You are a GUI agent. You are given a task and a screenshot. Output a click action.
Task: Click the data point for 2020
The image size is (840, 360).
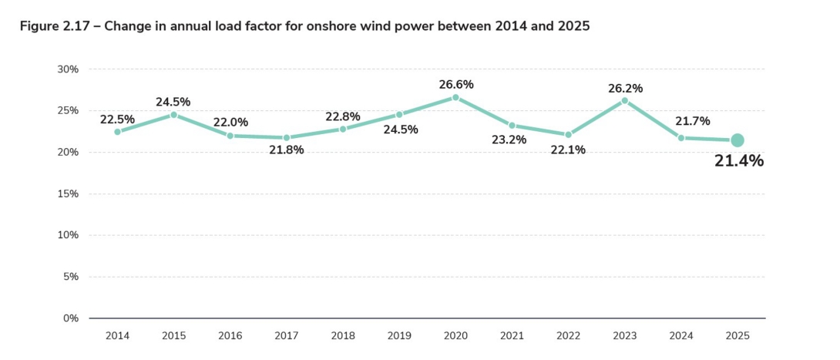point(455,98)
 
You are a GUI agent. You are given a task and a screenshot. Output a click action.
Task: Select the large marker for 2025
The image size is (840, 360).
point(737,140)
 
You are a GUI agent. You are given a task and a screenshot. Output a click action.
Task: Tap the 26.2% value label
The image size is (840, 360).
point(625,89)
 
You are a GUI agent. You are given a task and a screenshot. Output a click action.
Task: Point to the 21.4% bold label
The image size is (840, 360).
point(739,161)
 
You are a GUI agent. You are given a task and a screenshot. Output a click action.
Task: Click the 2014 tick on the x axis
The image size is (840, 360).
point(117,335)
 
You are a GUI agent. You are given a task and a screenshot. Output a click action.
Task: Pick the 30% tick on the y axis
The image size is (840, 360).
point(69,69)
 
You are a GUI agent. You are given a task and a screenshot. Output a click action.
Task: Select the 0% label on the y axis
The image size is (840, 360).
point(71,318)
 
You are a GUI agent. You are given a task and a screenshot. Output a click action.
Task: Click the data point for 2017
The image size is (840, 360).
point(287,138)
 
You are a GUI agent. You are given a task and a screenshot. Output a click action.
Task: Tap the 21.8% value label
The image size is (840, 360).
point(287,150)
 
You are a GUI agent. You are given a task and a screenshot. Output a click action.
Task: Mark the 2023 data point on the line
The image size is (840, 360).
point(625,101)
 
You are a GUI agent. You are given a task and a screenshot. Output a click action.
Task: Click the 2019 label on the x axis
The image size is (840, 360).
point(399,335)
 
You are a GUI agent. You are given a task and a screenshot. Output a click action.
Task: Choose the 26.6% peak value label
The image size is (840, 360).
point(456,85)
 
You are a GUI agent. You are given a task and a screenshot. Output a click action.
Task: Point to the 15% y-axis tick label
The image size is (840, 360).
point(69,193)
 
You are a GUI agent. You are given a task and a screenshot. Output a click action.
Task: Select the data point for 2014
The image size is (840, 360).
point(117,132)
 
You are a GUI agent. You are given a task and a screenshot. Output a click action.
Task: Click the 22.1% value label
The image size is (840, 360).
point(568,150)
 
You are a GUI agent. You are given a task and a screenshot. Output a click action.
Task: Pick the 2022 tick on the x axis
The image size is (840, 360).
point(568,335)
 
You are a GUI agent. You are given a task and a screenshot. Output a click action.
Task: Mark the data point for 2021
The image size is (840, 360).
point(512,126)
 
